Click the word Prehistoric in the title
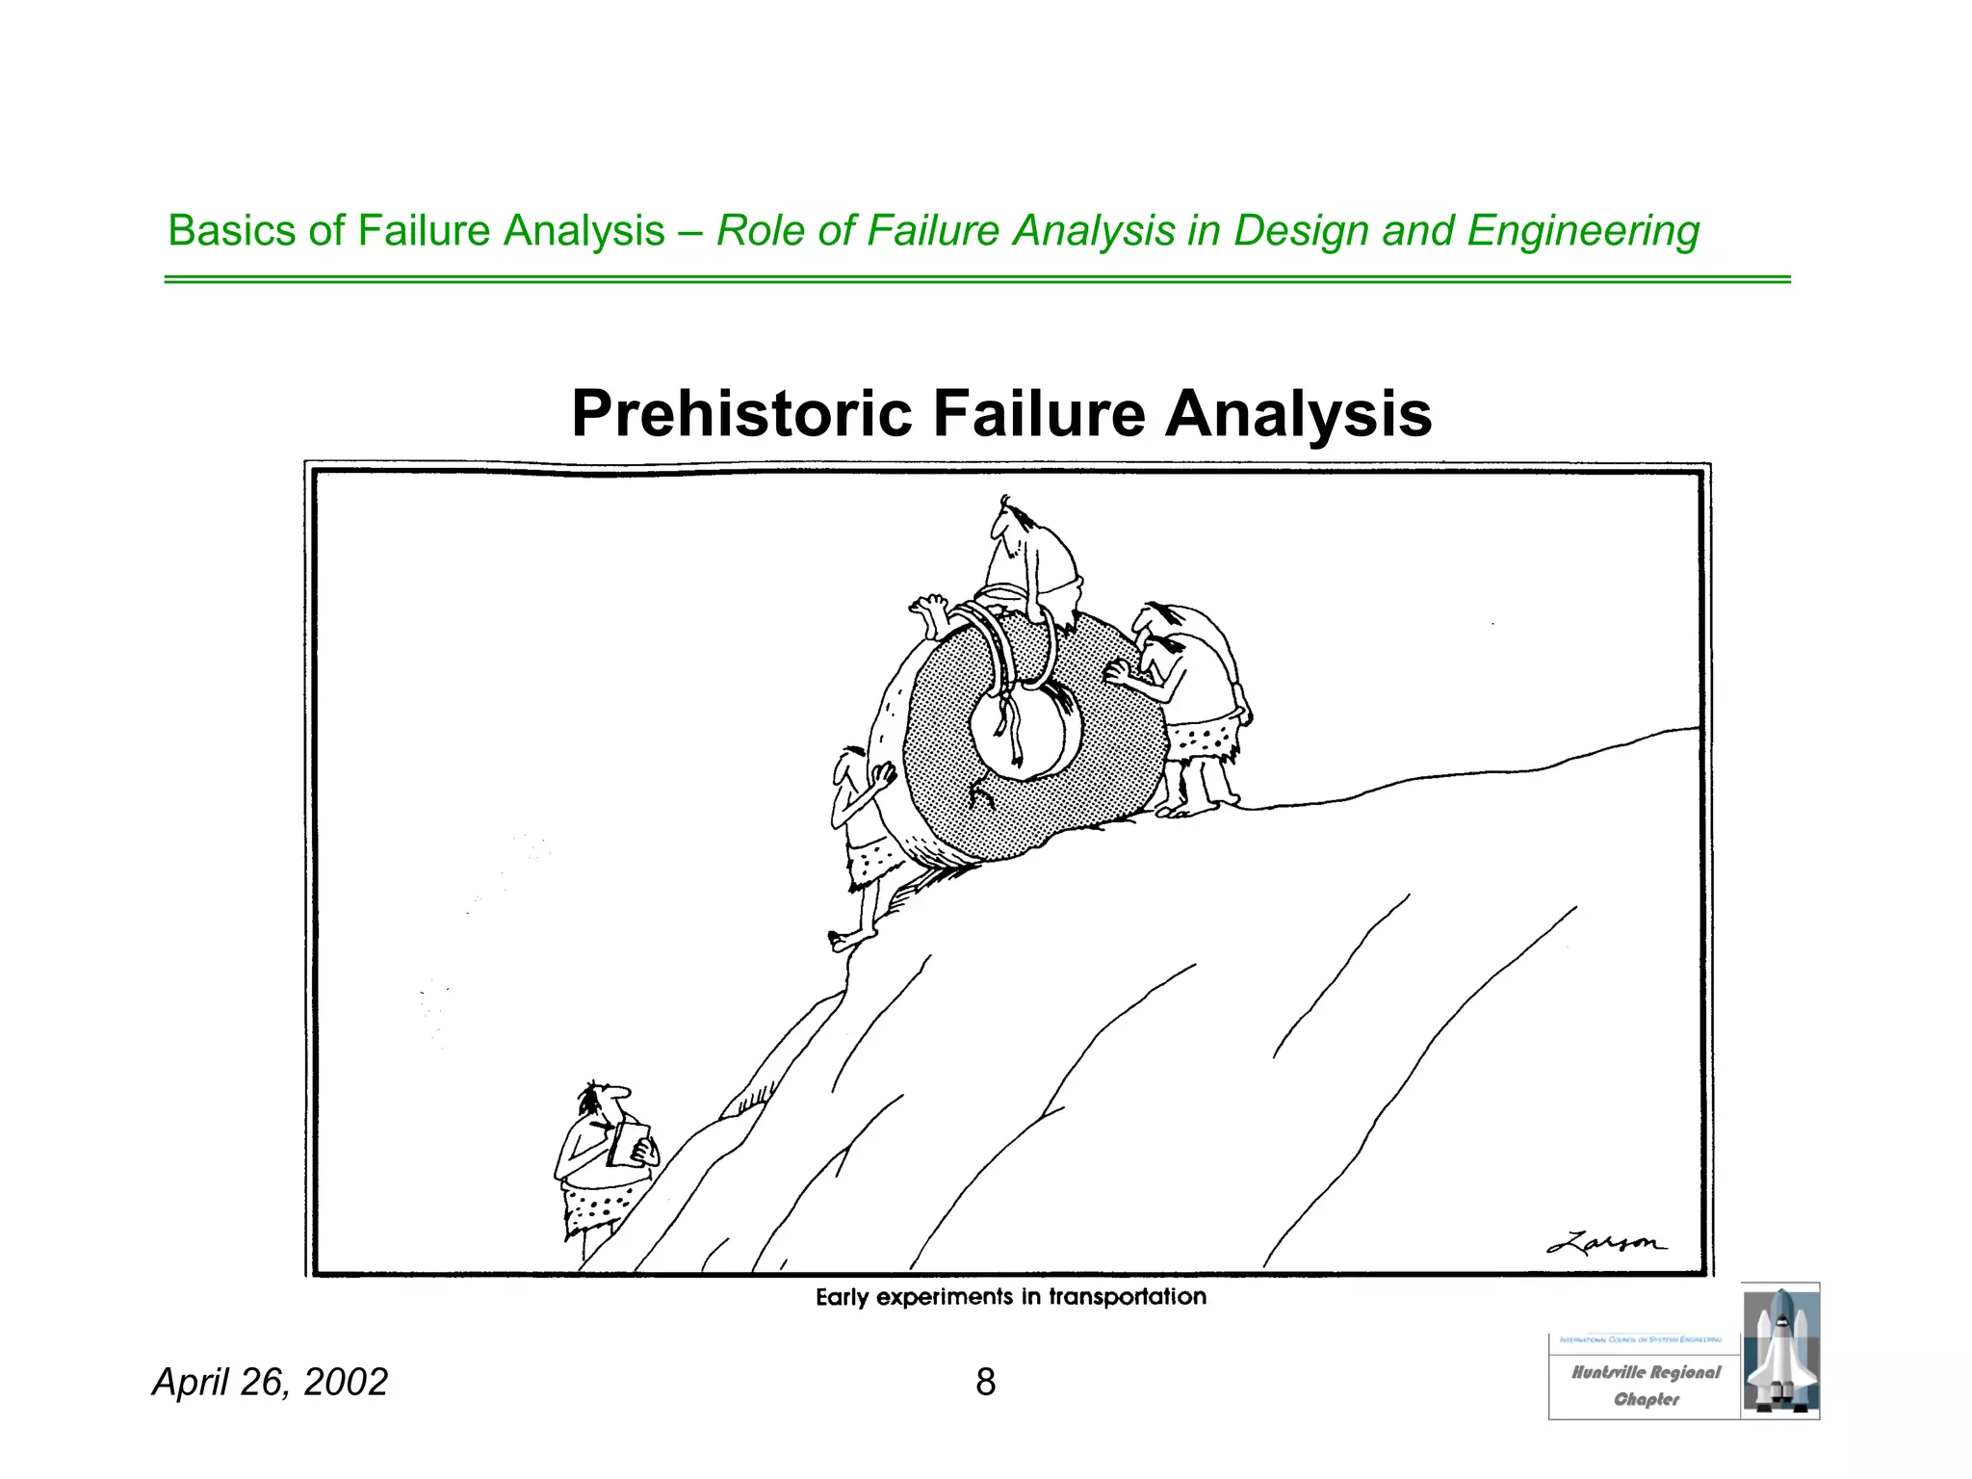[x=740, y=414]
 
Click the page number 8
[x=985, y=1382]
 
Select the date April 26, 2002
[x=270, y=1382]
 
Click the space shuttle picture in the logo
[x=1780, y=1350]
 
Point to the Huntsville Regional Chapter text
[x=1646, y=1385]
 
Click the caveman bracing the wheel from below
[x=867, y=838]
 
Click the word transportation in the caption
[x=1127, y=1297]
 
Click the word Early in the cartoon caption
[x=843, y=1298]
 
